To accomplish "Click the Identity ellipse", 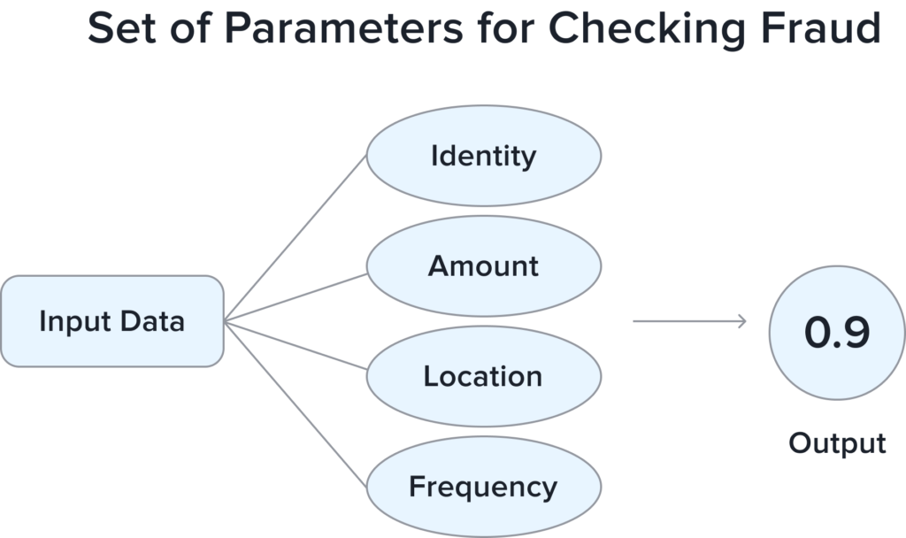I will point(483,157).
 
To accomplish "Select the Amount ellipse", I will point(483,266).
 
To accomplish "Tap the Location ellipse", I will point(483,377).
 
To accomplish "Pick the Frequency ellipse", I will point(483,487).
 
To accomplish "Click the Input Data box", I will point(111,320).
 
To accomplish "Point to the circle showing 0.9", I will point(836,332).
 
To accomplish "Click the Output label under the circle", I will point(837,442).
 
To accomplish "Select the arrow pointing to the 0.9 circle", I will point(690,321).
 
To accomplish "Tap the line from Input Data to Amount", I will point(296,297).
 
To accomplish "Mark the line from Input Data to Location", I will point(296,345).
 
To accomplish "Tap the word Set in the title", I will point(119,28).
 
